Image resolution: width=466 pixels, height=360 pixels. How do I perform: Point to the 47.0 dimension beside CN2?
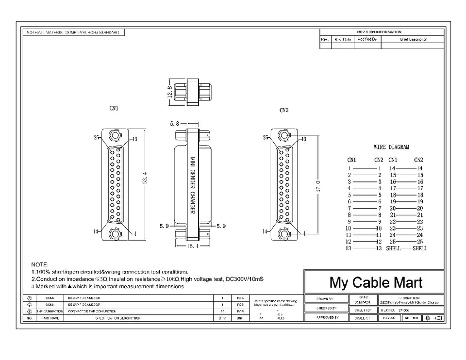pyautogui.click(x=318, y=185)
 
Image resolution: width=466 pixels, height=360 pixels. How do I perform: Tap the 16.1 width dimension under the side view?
pyautogui.click(x=191, y=246)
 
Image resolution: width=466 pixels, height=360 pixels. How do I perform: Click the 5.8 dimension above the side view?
pyautogui.click(x=175, y=124)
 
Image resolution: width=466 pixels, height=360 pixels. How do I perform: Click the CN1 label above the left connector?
pyautogui.click(x=115, y=108)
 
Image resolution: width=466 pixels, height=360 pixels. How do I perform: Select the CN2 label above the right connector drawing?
pyautogui.click(x=284, y=110)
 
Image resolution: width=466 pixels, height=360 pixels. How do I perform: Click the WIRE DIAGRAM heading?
pyautogui.click(x=391, y=147)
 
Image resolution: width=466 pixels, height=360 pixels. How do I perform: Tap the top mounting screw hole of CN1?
pyautogui.click(x=115, y=134)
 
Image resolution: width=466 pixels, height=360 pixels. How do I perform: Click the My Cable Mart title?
pyautogui.click(x=376, y=282)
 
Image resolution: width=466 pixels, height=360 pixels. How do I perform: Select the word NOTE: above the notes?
pyautogui.click(x=40, y=264)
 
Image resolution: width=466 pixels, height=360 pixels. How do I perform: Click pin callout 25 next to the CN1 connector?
pyautogui.click(x=97, y=138)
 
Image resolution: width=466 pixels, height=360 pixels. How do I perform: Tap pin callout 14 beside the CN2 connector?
pyautogui.click(x=265, y=231)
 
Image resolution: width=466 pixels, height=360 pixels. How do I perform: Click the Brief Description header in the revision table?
pyautogui.click(x=414, y=39)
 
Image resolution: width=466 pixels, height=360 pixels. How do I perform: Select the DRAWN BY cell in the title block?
pyautogui.click(x=325, y=299)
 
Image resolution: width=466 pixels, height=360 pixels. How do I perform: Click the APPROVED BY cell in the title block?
pyautogui.click(x=325, y=318)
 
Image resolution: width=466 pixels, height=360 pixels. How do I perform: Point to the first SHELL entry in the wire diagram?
pyautogui.click(x=394, y=248)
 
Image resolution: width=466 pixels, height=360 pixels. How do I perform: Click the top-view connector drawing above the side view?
pyautogui.click(x=191, y=91)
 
